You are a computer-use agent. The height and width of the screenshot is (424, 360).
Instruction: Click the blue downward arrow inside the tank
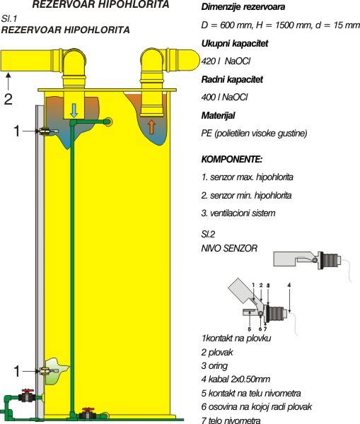(74, 111)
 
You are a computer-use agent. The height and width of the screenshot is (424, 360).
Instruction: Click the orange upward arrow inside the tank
(151, 126)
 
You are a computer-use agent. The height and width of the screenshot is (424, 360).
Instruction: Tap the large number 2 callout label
(8, 99)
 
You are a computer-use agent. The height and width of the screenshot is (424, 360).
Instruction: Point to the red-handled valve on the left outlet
(28, 396)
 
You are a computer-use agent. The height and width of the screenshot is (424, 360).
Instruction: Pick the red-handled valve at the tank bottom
(88, 413)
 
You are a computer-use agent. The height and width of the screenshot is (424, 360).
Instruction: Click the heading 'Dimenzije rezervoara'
(243, 7)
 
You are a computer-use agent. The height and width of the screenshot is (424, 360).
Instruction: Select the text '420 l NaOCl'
(226, 61)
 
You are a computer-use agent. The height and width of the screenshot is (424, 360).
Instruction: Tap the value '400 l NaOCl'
(224, 97)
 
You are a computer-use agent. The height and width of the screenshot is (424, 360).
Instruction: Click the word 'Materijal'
(218, 115)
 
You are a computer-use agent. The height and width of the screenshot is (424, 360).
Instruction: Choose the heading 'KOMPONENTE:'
(232, 159)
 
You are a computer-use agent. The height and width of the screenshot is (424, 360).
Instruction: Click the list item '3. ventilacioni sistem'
(238, 213)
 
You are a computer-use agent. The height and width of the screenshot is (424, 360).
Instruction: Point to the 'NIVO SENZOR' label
(229, 248)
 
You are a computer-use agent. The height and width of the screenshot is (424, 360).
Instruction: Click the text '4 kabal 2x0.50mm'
(236, 379)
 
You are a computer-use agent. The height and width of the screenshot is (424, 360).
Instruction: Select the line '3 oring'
(214, 365)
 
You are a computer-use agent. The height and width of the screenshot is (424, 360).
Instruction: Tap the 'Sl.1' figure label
(9, 18)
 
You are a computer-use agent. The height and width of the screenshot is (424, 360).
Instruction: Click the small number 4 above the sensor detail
(289, 285)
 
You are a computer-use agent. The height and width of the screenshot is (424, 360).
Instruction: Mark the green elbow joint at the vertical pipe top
(73, 123)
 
